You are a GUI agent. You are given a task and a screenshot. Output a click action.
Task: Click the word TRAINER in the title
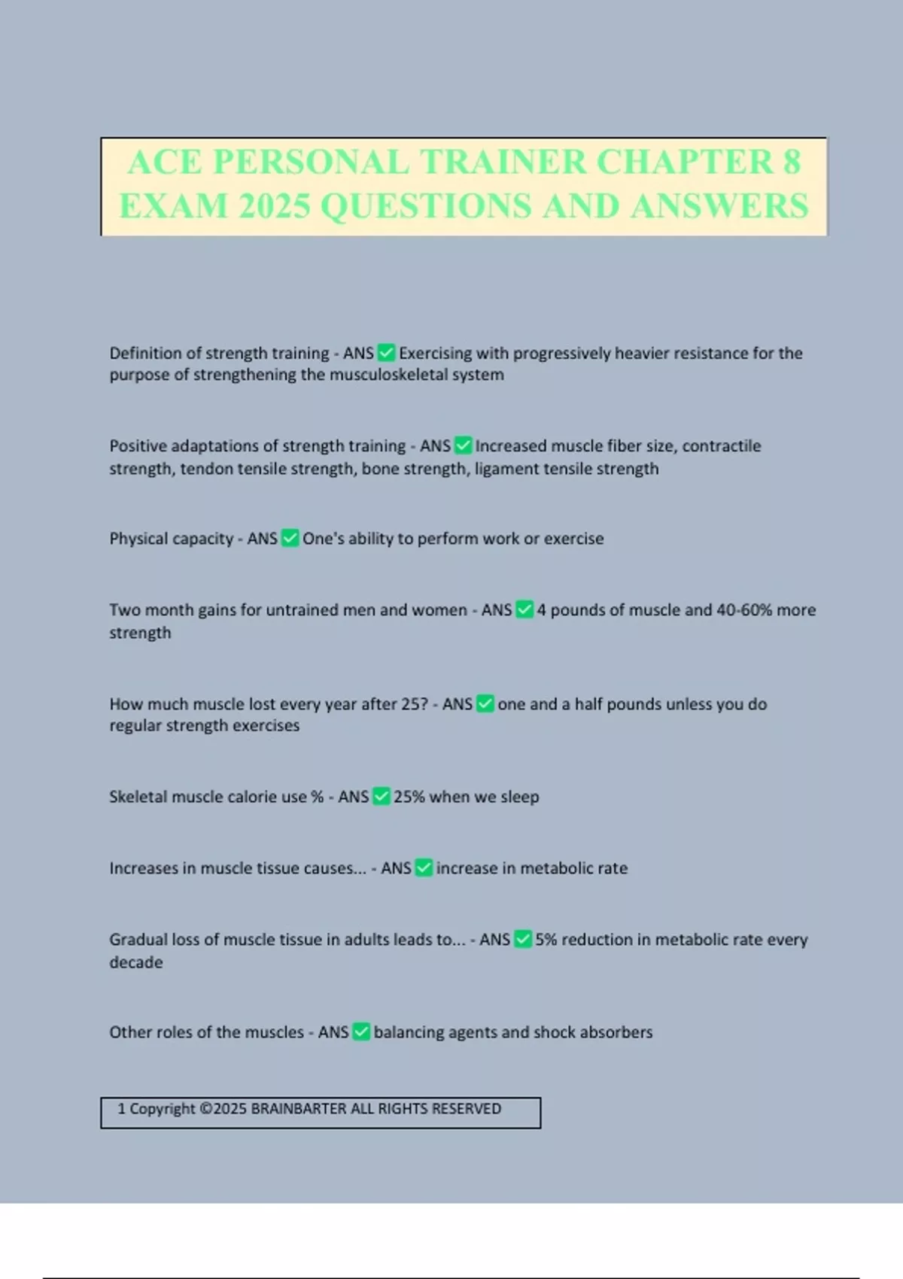503,162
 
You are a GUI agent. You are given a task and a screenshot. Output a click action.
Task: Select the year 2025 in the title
274,206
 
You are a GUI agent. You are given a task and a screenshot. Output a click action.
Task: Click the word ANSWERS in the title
720,206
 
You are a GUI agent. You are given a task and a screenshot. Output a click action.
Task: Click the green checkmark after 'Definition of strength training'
386,353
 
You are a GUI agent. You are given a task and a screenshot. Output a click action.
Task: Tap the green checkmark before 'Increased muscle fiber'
463,446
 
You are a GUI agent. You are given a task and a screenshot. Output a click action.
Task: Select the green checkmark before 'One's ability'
290,539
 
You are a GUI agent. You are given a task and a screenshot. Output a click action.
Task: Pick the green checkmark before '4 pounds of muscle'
524,610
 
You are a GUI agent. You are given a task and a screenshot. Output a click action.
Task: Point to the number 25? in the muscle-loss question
414,704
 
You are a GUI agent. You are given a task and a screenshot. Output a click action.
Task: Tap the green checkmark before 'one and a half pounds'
485,704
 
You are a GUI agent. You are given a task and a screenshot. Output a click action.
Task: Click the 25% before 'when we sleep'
409,797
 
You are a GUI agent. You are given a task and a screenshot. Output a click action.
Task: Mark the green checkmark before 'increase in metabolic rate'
424,868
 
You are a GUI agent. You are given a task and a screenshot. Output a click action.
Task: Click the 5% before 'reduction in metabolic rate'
546,940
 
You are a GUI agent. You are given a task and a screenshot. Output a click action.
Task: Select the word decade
136,962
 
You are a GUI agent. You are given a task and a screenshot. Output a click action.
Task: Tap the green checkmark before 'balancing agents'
361,1032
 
